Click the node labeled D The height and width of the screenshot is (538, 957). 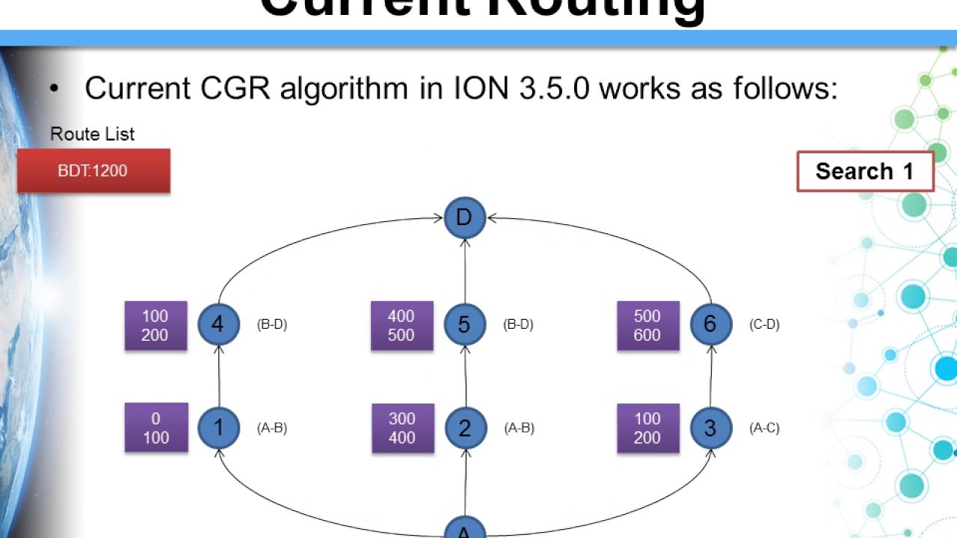pyautogui.click(x=464, y=218)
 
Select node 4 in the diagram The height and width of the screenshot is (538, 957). pyautogui.click(x=218, y=324)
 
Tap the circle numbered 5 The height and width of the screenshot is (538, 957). pyautogui.click(x=464, y=324)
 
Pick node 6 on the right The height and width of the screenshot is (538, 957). pyautogui.click(x=710, y=324)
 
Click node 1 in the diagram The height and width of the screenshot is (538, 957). pyautogui.click(x=218, y=427)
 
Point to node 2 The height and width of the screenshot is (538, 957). pyautogui.click(x=465, y=427)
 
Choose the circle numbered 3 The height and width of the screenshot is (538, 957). pyautogui.click(x=710, y=427)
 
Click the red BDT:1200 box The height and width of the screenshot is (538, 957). pyautogui.click(x=93, y=171)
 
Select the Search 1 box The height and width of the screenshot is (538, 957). pyautogui.click(x=865, y=172)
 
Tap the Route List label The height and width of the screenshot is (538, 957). pyautogui.click(x=92, y=134)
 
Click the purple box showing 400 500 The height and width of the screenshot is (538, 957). pyautogui.click(x=401, y=326)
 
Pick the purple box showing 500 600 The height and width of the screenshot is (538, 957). pyautogui.click(x=647, y=326)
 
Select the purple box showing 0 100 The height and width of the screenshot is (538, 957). pyautogui.click(x=156, y=428)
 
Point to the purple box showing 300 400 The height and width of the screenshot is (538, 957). pyautogui.click(x=402, y=428)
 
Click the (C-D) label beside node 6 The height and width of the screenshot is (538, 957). pyautogui.click(x=764, y=324)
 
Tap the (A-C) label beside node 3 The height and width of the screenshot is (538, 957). pyautogui.click(x=764, y=427)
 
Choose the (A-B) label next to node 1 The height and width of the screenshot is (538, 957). pyautogui.click(x=272, y=427)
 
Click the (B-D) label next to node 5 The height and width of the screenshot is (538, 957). pyautogui.click(x=518, y=324)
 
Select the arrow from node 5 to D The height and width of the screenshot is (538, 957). pyautogui.click(x=465, y=270)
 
